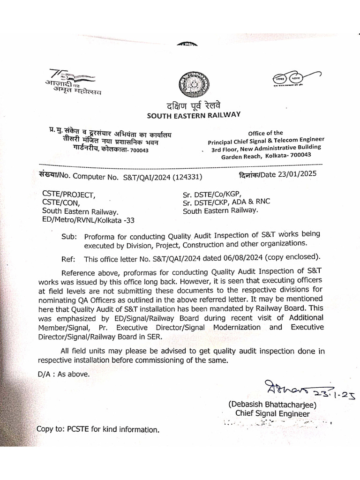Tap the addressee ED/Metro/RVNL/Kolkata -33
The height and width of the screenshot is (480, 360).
click(88, 219)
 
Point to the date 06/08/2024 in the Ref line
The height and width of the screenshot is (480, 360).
click(244, 258)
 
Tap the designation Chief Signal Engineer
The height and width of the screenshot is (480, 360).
click(272, 413)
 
